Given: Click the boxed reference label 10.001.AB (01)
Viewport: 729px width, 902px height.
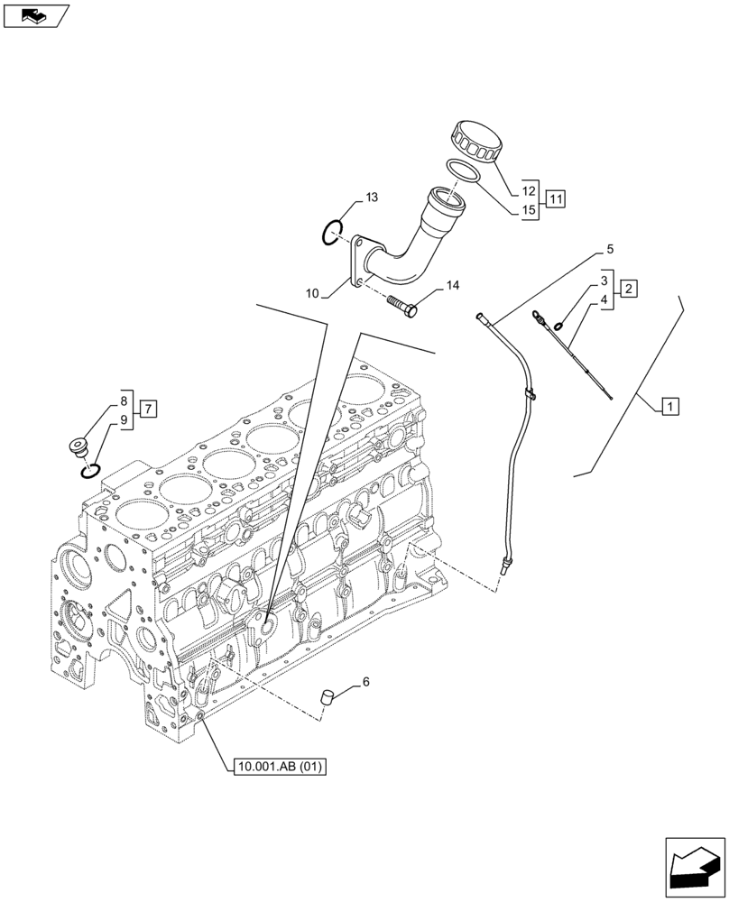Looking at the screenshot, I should [x=278, y=767].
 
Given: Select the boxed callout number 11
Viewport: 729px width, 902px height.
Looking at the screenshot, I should [x=556, y=198].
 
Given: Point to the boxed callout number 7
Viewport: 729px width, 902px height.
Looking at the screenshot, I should [x=148, y=408].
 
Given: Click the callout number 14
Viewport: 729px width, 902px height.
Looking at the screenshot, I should [x=452, y=286].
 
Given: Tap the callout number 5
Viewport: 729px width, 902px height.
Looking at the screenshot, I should [x=610, y=248].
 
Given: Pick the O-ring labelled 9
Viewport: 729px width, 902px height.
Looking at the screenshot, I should [x=88, y=471].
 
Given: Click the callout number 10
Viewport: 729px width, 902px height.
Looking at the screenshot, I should [x=312, y=292].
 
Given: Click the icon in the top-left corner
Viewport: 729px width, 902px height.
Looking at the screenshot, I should [x=36, y=14].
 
